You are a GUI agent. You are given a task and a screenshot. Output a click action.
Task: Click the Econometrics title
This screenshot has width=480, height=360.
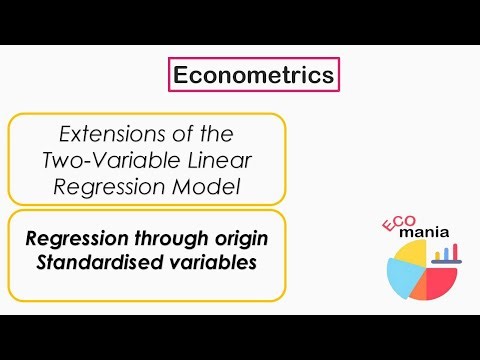click(x=252, y=75)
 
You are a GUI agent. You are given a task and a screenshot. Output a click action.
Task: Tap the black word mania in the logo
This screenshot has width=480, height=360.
click(x=425, y=233)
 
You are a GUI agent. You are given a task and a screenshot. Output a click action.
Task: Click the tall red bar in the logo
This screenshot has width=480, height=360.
click(x=455, y=251)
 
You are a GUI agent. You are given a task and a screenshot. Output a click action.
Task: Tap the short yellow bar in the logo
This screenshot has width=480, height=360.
click(x=437, y=256)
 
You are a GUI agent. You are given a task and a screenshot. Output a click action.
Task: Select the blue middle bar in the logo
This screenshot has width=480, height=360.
click(x=446, y=254)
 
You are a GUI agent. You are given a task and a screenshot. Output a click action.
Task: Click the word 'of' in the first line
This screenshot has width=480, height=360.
click(x=185, y=133)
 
